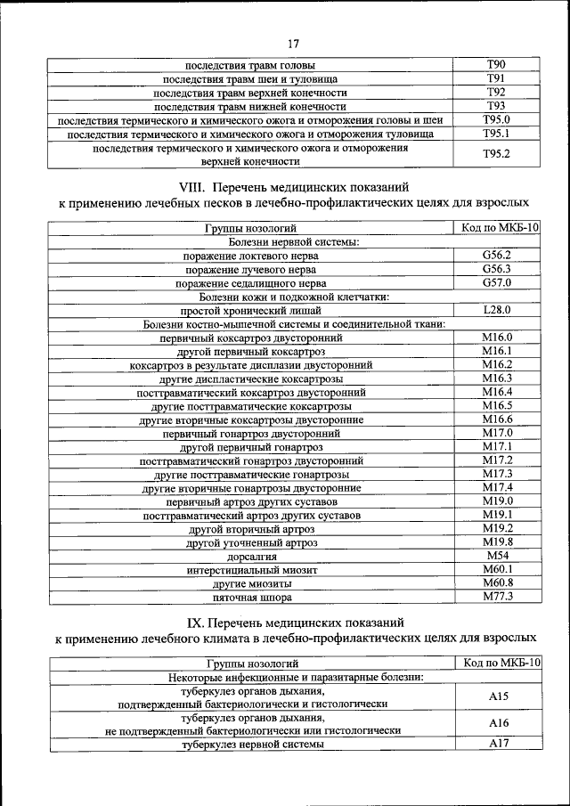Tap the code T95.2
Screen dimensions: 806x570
point(496,154)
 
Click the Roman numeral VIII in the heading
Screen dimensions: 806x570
point(192,188)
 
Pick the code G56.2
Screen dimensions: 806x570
point(496,256)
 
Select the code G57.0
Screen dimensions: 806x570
point(496,283)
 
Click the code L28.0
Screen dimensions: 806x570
point(496,310)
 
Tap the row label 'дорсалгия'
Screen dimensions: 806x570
point(251,557)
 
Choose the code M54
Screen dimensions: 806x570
point(496,556)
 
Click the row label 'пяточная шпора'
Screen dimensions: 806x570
point(251,598)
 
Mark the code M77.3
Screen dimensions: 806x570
point(496,597)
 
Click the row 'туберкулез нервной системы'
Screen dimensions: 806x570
point(251,745)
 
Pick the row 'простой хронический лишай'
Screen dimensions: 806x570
point(251,311)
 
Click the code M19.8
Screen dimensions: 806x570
point(496,541)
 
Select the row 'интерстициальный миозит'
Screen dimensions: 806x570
point(251,570)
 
